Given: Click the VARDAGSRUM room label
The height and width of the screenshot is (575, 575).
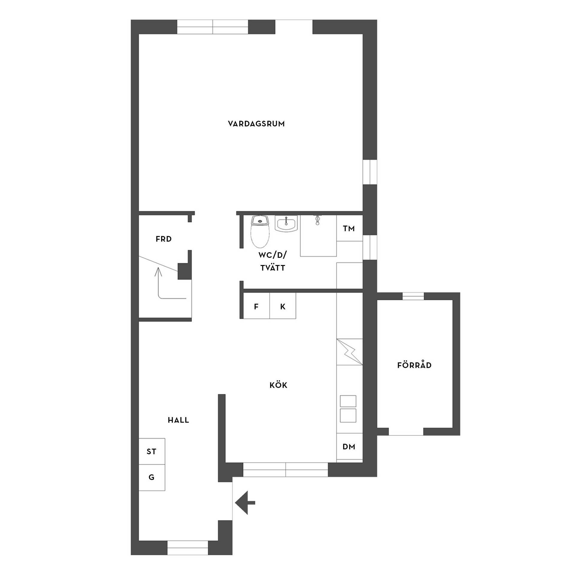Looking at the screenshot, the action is pyautogui.click(x=256, y=124).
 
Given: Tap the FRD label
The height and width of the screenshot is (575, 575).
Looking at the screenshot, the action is pyautogui.click(x=164, y=239).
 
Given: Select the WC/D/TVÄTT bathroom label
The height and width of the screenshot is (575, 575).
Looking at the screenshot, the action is pyautogui.click(x=272, y=261).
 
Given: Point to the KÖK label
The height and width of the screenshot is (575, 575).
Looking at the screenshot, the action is pyautogui.click(x=279, y=385).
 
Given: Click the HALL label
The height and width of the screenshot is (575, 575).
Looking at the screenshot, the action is pyautogui.click(x=178, y=420).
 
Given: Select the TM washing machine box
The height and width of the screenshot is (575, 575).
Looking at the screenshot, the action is pyautogui.click(x=349, y=228).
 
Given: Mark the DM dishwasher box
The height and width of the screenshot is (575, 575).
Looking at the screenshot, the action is pyautogui.click(x=349, y=447).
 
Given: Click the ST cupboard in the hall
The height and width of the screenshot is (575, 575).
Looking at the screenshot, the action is pyautogui.click(x=152, y=451).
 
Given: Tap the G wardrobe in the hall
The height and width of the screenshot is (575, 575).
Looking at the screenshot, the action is pyautogui.click(x=152, y=477).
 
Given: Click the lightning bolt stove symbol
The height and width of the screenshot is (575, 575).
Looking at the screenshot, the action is pyautogui.click(x=350, y=352).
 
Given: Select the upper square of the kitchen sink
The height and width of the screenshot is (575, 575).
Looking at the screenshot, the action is pyautogui.click(x=348, y=401).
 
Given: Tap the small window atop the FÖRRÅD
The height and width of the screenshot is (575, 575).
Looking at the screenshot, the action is pyautogui.click(x=413, y=296).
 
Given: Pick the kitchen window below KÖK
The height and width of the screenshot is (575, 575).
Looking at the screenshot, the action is pyautogui.click(x=286, y=469).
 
